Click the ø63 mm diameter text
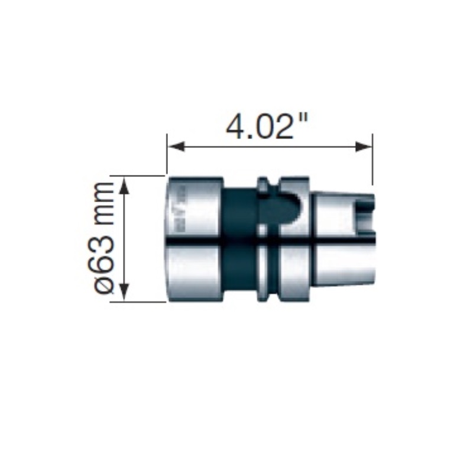click(x=105, y=238)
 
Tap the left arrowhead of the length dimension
click(x=176, y=147)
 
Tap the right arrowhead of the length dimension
click(x=364, y=147)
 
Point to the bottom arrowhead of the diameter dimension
click(x=125, y=292)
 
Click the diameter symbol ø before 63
click(x=105, y=286)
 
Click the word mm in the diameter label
click(x=105, y=200)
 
